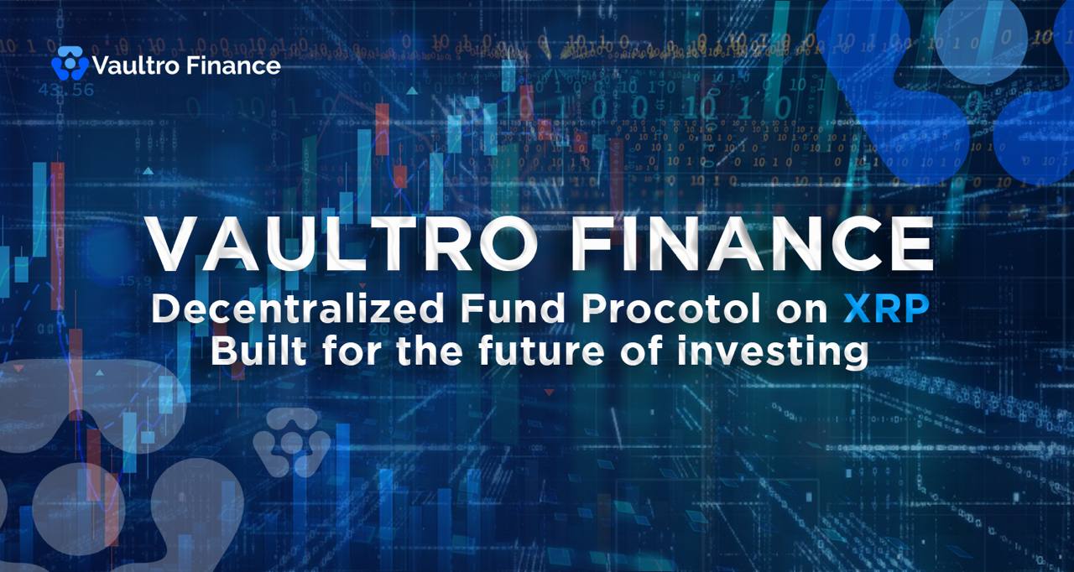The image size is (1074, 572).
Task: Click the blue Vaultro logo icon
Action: point(70,64)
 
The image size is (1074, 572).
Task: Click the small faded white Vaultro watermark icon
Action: point(291,442)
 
